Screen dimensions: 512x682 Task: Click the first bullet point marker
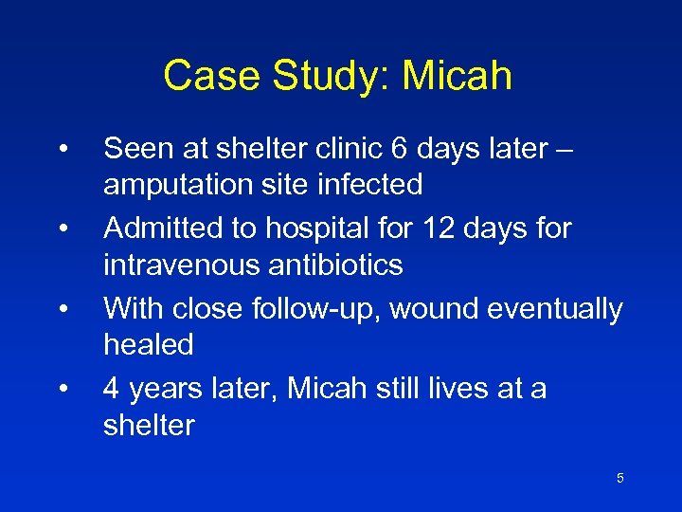(x=62, y=149)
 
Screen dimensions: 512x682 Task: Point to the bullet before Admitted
(x=62, y=229)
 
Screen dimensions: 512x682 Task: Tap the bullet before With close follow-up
(x=62, y=309)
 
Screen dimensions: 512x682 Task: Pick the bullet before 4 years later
(x=62, y=389)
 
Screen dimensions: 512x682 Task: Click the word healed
(x=148, y=344)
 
